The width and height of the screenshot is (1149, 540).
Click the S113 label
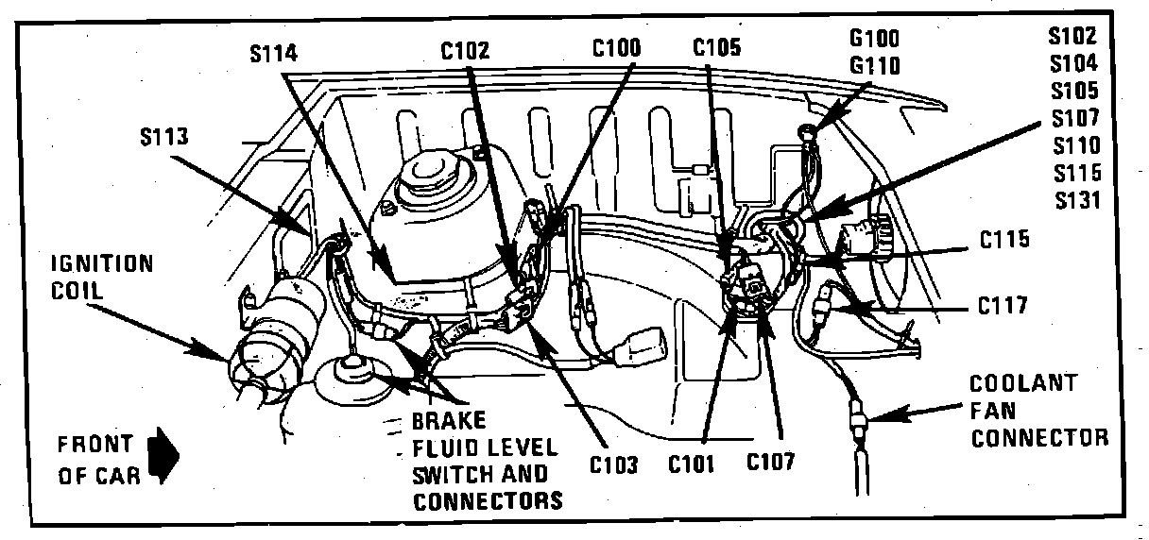click(x=163, y=137)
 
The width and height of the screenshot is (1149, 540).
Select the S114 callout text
click(x=275, y=54)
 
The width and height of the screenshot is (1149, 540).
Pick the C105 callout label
click(x=716, y=46)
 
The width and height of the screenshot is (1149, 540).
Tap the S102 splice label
click(x=1072, y=37)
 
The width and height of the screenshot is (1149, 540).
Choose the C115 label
click(x=1003, y=240)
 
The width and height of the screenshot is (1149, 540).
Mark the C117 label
click(x=1003, y=305)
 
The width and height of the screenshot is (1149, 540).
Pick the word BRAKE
click(x=448, y=420)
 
